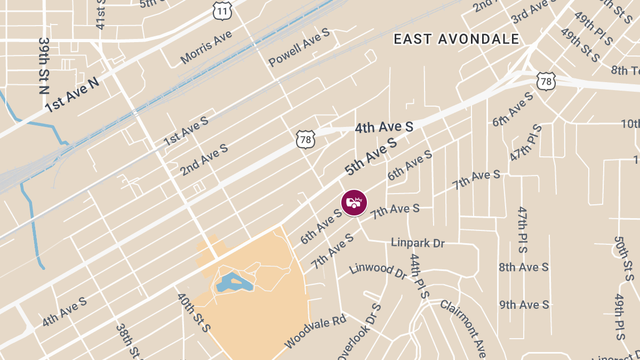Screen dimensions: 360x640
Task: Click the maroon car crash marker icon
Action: click(354, 203)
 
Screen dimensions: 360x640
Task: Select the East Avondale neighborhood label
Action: click(456, 39)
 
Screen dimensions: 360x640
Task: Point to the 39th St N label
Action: click(45, 66)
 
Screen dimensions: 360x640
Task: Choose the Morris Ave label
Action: click(206, 47)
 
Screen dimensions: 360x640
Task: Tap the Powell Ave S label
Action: click(299, 47)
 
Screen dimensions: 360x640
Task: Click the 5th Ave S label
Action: click(371, 156)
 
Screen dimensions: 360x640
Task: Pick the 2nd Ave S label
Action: click(204, 159)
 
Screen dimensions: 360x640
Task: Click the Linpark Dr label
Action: click(418, 243)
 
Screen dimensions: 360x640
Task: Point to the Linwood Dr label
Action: click(378, 270)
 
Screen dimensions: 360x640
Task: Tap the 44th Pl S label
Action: click(419, 276)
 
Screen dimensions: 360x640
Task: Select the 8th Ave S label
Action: click(523, 267)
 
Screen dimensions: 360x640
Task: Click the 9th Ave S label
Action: click(524, 305)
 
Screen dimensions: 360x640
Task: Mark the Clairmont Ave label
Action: click(463, 329)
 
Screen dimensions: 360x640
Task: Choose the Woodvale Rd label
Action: click(315, 331)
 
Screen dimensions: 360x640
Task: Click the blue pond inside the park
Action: click(234, 283)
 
